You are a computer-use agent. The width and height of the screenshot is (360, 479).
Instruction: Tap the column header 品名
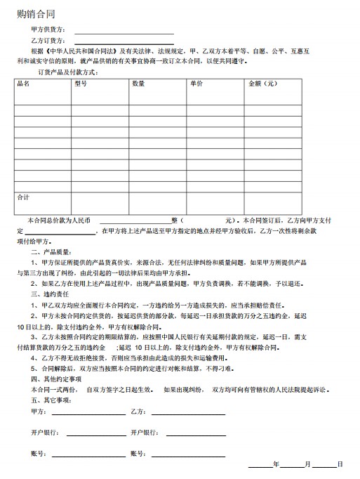23,84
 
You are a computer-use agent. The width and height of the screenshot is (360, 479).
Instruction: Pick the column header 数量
138,84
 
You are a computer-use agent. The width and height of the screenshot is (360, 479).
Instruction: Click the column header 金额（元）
262,84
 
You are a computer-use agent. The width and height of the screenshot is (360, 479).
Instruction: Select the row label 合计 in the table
23,197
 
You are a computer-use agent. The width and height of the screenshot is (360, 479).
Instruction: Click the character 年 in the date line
276,465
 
